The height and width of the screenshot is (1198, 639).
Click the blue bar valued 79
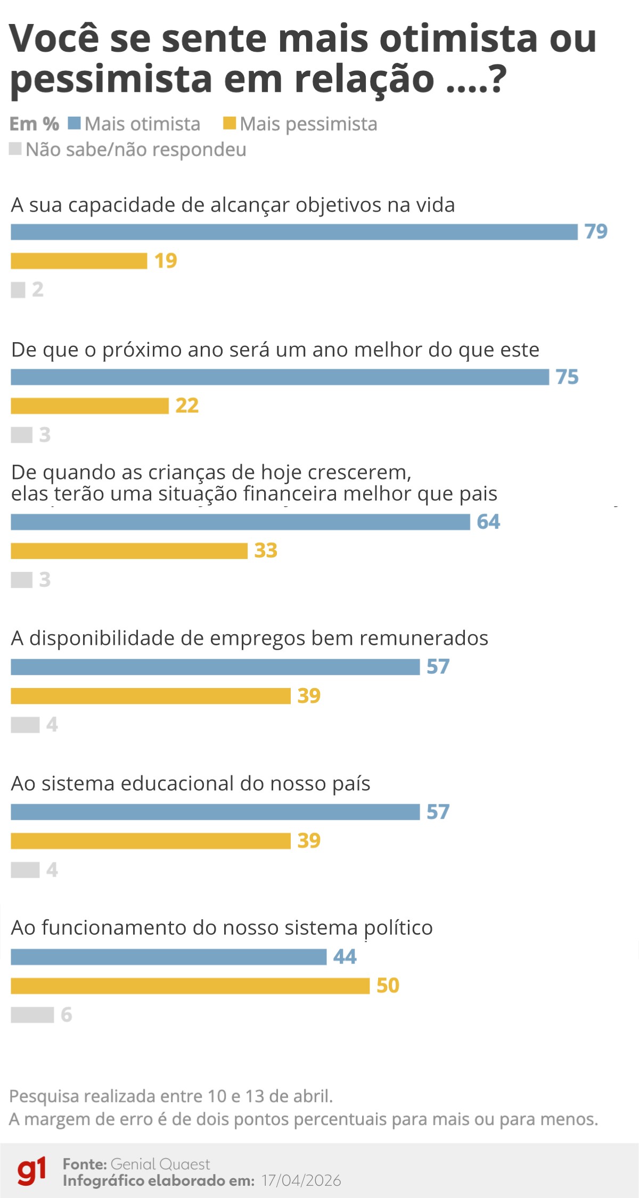pyautogui.click(x=294, y=232)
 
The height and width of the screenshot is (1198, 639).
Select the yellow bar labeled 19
pyautogui.click(x=79, y=261)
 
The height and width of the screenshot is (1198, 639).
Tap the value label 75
pyautogui.click(x=567, y=377)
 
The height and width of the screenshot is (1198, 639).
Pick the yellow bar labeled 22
pyautogui.click(x=89, y=406)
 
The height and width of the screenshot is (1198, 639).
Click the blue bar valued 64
pyautogui.click(x=240, y=522)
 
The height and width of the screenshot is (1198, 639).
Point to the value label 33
pyautogui.click(x=266, y=551)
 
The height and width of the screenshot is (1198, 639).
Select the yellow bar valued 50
pyautogui.click(x=190, y=986)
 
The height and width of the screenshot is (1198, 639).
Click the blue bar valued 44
pyautogui.click(x=168, y=957)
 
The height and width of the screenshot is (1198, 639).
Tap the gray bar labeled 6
pyautogui.click(x=32, y=1015)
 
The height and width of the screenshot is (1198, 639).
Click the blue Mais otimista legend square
pyautogui.click(x=74, y=124)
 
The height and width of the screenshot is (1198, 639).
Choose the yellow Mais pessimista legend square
pyautogui.click(x=229, y=124)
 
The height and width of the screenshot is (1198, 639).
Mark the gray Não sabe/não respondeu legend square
pyautogui.click(x=15, y=149)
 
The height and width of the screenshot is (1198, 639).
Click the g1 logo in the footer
pyautogui.click(x=32, y=1171)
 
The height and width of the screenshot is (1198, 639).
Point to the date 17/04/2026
pyautogui.click(x=301, y=1180)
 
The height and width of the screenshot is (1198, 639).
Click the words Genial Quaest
pyautogui.click(x=160, y=1164)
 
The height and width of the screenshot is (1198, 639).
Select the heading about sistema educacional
pyautogui.click(x=190, y=783)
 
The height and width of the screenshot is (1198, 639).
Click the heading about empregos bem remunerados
pyautogui.click(x=249, y=638)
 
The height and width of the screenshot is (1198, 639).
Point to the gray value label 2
pyautogui.click(x=38, y=289)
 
